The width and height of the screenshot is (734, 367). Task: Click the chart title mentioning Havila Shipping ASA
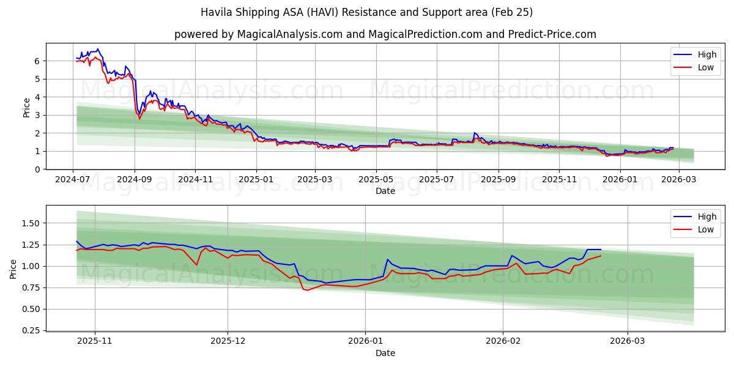[x=367, y=12]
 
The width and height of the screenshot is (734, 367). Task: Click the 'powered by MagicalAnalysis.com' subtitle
[x=385, y=34]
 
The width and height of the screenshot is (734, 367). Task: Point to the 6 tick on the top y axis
[x=37, y=61]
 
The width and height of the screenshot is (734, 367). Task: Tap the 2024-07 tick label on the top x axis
[x=73, y=179]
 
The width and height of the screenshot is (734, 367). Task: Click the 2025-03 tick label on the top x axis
[x=315, y=179]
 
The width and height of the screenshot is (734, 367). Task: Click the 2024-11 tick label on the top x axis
[x=195, y=179]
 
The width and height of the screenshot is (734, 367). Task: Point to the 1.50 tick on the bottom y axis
[x=31, y=223]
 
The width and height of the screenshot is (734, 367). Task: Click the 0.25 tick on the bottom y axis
[x=31, y=330]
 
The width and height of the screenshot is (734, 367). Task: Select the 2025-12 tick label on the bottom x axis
[x=228, y=341]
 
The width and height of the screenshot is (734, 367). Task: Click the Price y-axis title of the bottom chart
[x=14, y=269]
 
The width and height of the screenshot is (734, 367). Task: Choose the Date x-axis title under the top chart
[x=385, y=191]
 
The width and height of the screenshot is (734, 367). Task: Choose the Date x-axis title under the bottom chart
[x=385, y=353]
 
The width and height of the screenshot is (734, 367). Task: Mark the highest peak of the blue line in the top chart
[x=98, y=49]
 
